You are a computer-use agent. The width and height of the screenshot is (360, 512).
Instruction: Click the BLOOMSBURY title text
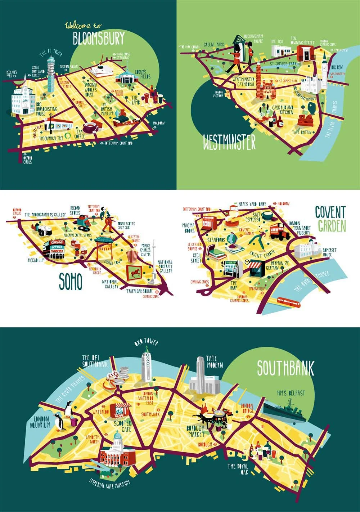pos(99,38)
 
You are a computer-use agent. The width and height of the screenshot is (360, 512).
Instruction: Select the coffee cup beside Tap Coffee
pos(90,127)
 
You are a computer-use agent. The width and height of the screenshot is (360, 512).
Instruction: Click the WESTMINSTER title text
pos(229,142)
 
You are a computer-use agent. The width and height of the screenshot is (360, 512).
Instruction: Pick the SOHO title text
pos(70,282)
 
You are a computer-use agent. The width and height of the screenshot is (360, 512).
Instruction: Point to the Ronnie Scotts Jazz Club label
pos(126,225)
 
